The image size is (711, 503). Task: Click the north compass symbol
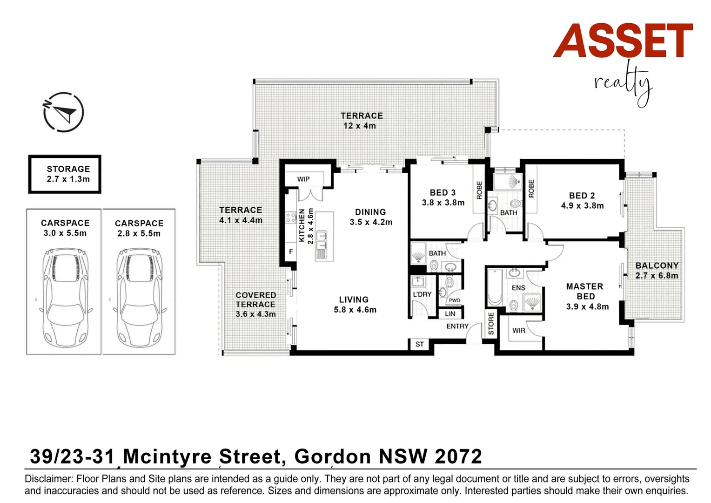click(63, 112)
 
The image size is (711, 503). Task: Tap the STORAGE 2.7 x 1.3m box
click(65, 174)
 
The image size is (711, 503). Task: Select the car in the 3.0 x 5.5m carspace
click(64, 296)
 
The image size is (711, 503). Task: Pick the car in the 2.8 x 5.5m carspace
click(139, 297)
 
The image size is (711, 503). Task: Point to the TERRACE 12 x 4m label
click(361, 121)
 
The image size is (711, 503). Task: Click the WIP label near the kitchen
click(303, 179)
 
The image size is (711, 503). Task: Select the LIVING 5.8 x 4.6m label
click(355, 305)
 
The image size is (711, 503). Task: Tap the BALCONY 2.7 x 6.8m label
click(657, 271)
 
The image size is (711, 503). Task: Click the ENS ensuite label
click(518, 288)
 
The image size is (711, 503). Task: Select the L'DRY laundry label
click(422, 294)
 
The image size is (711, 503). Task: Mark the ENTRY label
click(457, 326)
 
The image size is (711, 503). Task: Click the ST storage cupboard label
click(419, 344)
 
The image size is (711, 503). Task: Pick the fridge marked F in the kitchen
click(291, 251)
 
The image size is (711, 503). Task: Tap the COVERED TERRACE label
click(255, 305)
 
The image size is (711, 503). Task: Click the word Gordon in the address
click(332, 456)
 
